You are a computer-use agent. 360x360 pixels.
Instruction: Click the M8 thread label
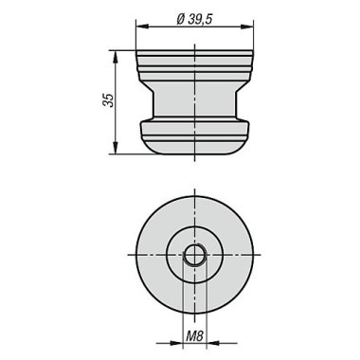tap(193, 337)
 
